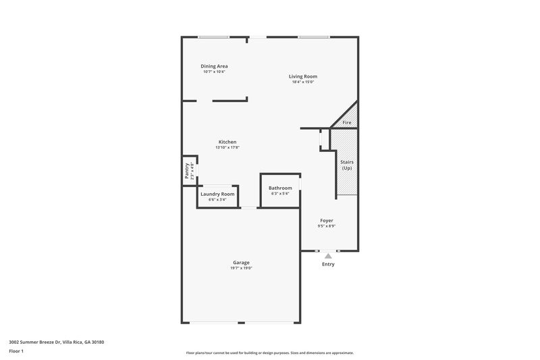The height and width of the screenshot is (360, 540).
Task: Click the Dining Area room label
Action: (214, 66)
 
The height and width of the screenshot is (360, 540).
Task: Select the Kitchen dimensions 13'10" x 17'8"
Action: (227, 147)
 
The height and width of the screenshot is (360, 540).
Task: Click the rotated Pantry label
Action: (187, 170)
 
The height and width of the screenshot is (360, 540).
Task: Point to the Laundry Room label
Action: (217, 194)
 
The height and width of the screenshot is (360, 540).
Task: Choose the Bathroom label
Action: (280, 188)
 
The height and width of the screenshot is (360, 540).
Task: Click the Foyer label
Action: (327, 220)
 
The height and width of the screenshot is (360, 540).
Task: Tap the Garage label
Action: (241, 262)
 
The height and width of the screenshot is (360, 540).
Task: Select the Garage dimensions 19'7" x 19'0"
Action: (241, 268)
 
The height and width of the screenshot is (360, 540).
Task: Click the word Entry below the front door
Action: (328, 264)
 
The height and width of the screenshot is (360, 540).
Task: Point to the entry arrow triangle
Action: (328, 256)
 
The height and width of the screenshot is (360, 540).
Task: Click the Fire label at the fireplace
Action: (347, 122)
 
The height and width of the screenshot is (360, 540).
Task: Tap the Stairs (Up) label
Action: (347, 165)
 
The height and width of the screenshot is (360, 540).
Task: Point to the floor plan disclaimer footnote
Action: (269, 353)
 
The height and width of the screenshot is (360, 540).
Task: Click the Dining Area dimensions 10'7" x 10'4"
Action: (214, 72)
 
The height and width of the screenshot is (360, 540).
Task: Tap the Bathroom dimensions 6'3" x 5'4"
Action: (280, 194)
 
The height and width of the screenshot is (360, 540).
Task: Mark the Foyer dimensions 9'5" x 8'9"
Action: (327, 226)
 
